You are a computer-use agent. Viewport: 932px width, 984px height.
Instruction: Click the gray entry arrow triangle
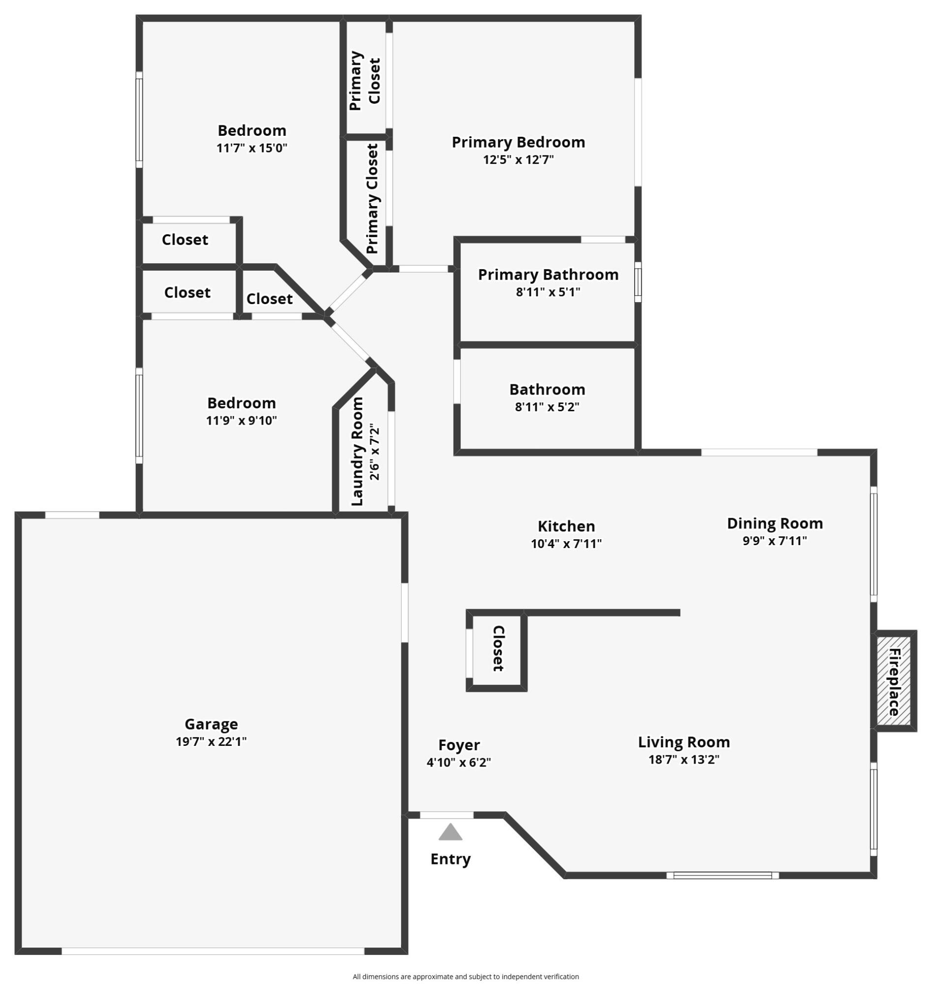coord(450,832)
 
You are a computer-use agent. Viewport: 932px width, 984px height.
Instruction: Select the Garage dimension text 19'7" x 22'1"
coord(211,741)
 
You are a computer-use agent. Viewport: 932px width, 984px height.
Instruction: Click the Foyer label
coord(459,745)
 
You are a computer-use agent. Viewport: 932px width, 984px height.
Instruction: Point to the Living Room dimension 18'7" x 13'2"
coord(683,760)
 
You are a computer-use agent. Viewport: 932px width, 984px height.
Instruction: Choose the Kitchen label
coord(566,526)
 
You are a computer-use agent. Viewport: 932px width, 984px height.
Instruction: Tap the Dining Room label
coord(775,523)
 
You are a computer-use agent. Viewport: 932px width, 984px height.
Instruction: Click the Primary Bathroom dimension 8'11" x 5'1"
coord(548,292)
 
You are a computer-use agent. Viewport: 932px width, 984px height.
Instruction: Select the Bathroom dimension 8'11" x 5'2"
coord(547,407)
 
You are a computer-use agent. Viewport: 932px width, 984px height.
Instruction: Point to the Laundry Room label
coord(357,452)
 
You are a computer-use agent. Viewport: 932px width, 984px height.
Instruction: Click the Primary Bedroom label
coord(518,142)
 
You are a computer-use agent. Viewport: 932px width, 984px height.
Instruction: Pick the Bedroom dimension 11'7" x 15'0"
coord(252,148)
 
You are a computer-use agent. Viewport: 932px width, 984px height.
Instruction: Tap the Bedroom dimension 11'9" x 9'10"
coord(242,420)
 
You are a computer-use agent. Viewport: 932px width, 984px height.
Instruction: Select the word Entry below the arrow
coord(450,859)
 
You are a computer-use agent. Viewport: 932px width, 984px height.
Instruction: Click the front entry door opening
coord(447,815)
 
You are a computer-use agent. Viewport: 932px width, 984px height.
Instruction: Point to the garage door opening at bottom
coord(213,951)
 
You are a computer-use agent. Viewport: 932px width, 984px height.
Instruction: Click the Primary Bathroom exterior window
coord(638,281)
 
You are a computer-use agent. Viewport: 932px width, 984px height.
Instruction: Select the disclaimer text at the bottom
coord(466,977)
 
